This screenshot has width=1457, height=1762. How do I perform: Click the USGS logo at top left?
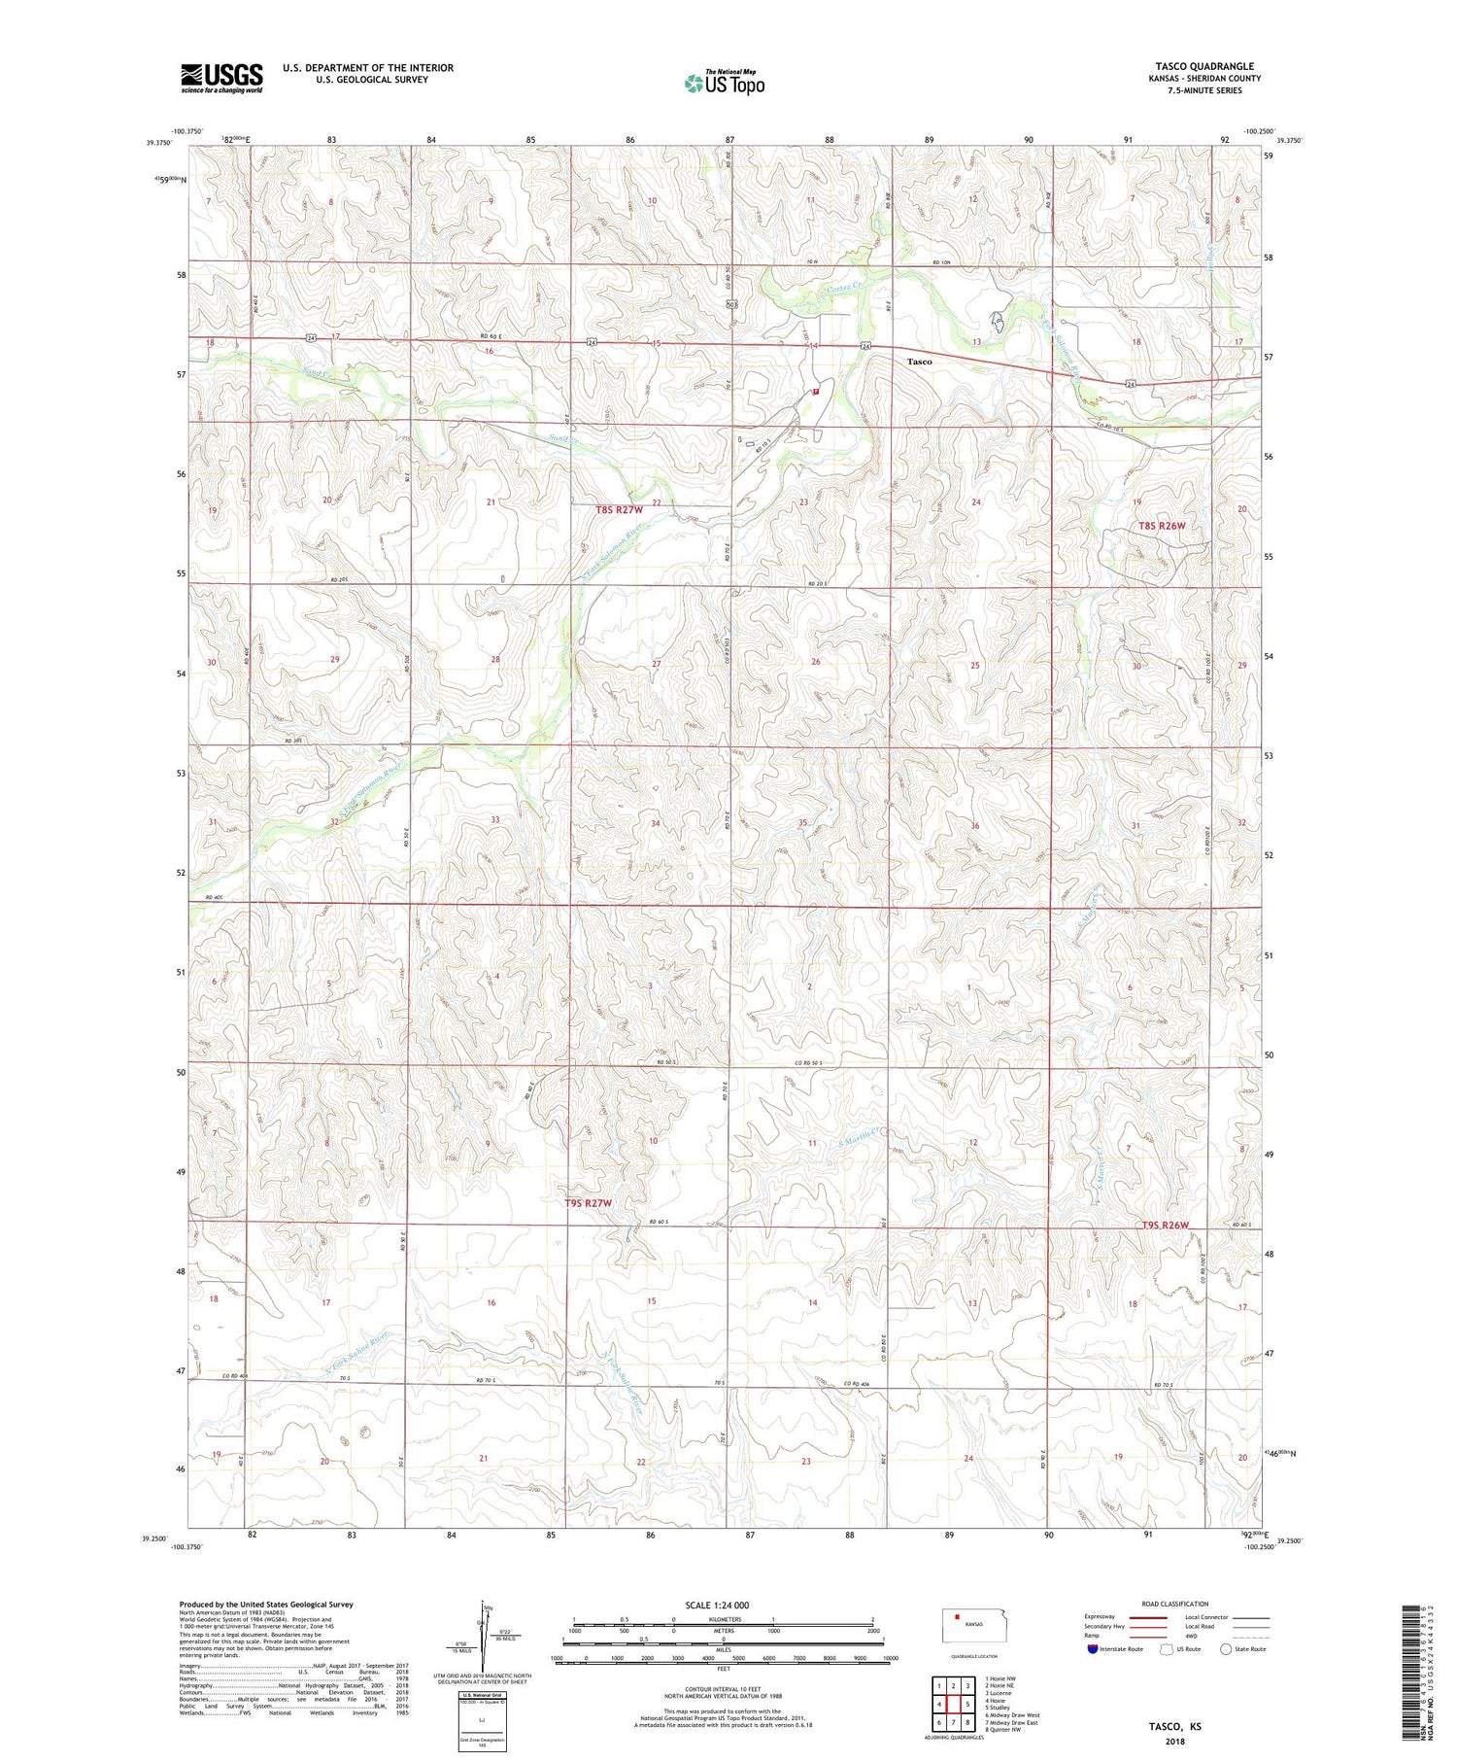221,77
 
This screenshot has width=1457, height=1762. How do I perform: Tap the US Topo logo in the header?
724,84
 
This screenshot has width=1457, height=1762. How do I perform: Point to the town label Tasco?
919,362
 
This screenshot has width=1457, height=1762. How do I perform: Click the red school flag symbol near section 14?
816,392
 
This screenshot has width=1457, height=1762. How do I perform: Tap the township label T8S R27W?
620,509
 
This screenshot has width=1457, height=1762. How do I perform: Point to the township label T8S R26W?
1163,526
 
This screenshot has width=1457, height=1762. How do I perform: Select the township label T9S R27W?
589,1203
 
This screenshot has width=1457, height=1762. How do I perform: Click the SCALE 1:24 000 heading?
717,1605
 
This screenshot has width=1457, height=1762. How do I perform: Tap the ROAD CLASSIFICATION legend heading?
1174,1604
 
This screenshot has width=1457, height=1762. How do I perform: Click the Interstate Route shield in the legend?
1093,1649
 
